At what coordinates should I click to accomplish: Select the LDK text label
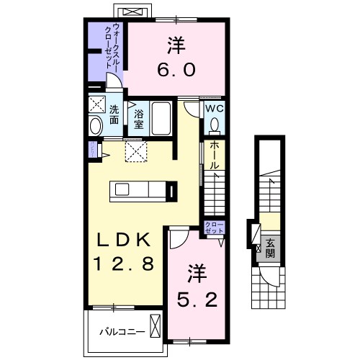[x=122, y=240]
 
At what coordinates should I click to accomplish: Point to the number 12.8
[x=122, y=264]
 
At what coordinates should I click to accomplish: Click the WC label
[x=215, y=109]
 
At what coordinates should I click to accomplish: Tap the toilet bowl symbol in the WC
[x=215, y=125]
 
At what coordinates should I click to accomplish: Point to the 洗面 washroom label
[x=114, y=115]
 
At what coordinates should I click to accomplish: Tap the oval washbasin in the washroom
[x=96, y=127]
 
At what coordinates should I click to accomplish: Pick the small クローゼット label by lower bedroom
[x=215, y=228]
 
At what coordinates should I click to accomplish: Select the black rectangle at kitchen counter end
[x=171, y=191]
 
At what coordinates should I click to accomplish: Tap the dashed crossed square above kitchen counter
[x=135, y=150]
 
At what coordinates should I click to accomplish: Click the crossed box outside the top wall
[x=133, y=12]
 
